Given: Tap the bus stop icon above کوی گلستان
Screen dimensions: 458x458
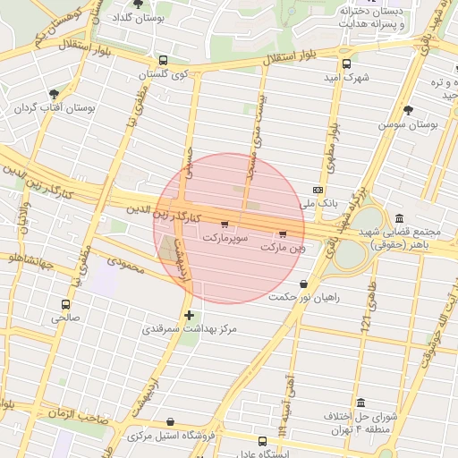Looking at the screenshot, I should coord(162,61).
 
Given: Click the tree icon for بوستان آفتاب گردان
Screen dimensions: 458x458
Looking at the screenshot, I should coord(55,93).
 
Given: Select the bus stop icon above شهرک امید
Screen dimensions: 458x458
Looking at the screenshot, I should coord(346,64).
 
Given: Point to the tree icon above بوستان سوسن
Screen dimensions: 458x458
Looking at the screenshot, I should coord(409,111).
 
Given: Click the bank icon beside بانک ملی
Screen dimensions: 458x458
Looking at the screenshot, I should coord(318,191).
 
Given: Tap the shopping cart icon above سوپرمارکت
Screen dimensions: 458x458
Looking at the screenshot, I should coord(224,225).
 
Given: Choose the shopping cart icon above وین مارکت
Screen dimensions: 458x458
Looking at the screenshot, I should coord(283,233).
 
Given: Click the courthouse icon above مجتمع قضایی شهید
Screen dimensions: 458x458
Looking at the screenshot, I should coord(398,219).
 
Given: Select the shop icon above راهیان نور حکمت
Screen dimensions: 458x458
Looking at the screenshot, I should coord(305,284).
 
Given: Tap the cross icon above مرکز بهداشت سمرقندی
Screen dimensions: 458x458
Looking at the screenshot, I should coord(189,315).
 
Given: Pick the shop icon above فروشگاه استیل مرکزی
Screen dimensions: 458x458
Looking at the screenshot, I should coord(171,422).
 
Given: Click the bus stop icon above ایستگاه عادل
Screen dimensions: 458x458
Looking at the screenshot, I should coord(262,441).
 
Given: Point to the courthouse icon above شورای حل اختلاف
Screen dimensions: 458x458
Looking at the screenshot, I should coord(360,403).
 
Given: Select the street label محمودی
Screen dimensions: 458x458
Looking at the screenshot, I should coord(124,266).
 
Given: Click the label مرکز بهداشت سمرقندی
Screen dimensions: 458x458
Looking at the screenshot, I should coord(190,329).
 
